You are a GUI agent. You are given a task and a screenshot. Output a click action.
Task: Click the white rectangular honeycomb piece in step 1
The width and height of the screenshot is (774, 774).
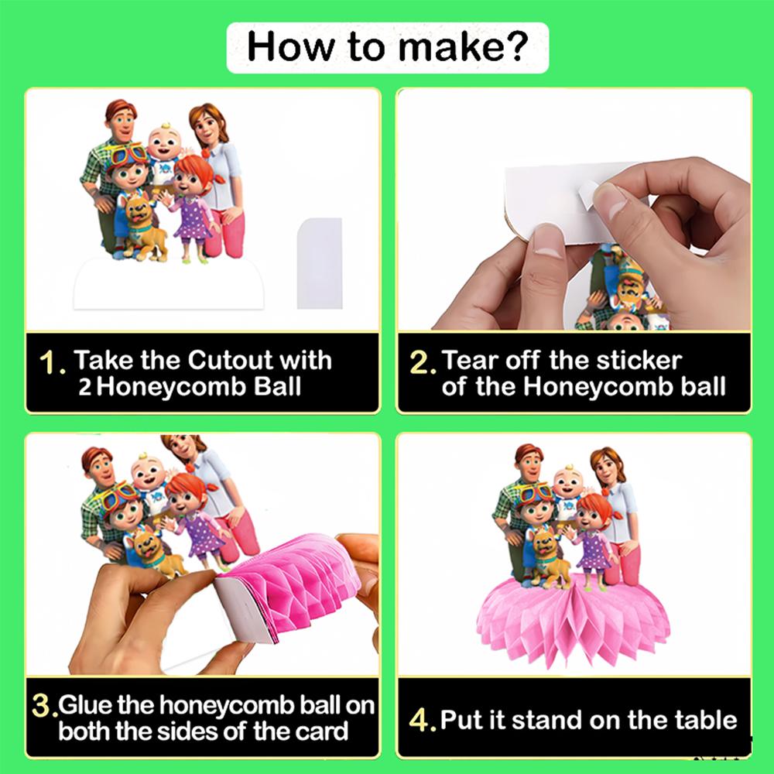pos(320,263)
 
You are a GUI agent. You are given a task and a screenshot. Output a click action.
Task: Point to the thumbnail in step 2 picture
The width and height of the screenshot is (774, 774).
pos(611,200)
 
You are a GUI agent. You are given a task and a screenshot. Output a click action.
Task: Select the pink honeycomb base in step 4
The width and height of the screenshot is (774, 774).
pos(573,621)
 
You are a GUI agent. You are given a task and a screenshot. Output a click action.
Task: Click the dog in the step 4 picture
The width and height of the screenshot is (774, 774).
pos(549,559)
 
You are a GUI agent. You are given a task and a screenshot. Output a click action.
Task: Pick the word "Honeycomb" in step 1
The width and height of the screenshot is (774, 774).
pos(171,386)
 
